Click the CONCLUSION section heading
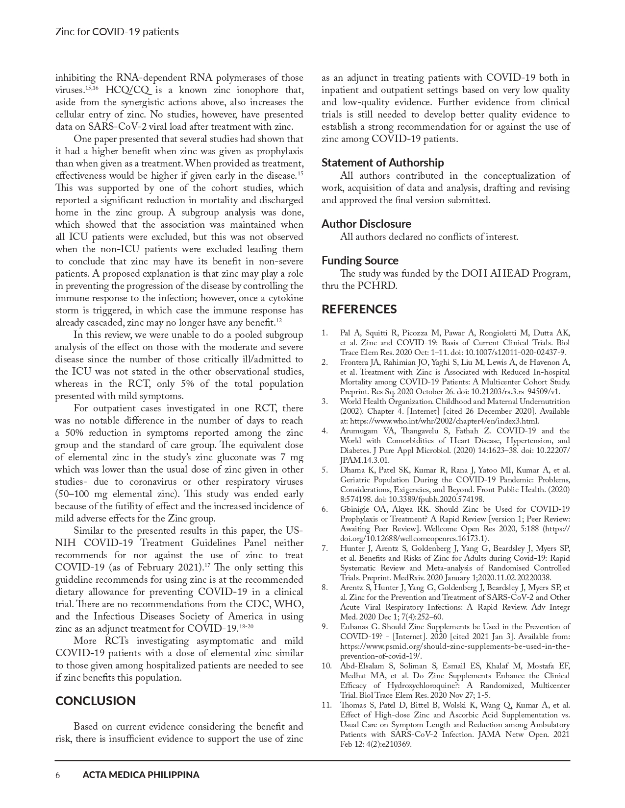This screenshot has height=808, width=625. (95, 701)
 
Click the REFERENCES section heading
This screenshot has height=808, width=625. (359, 309)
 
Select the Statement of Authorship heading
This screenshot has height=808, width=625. (382, 162)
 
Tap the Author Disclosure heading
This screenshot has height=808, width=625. (366, 223)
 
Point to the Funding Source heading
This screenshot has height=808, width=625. (360, 260)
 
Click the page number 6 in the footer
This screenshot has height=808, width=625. (58, 775)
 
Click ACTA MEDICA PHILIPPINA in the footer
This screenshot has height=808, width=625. (141, 775)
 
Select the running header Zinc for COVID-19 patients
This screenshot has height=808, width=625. (117, 32)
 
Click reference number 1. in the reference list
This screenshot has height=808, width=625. (325, 333)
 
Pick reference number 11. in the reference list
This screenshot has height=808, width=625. (326, 705)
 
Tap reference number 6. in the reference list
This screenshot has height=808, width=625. (325, 509)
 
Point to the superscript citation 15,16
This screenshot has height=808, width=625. (92, 88)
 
